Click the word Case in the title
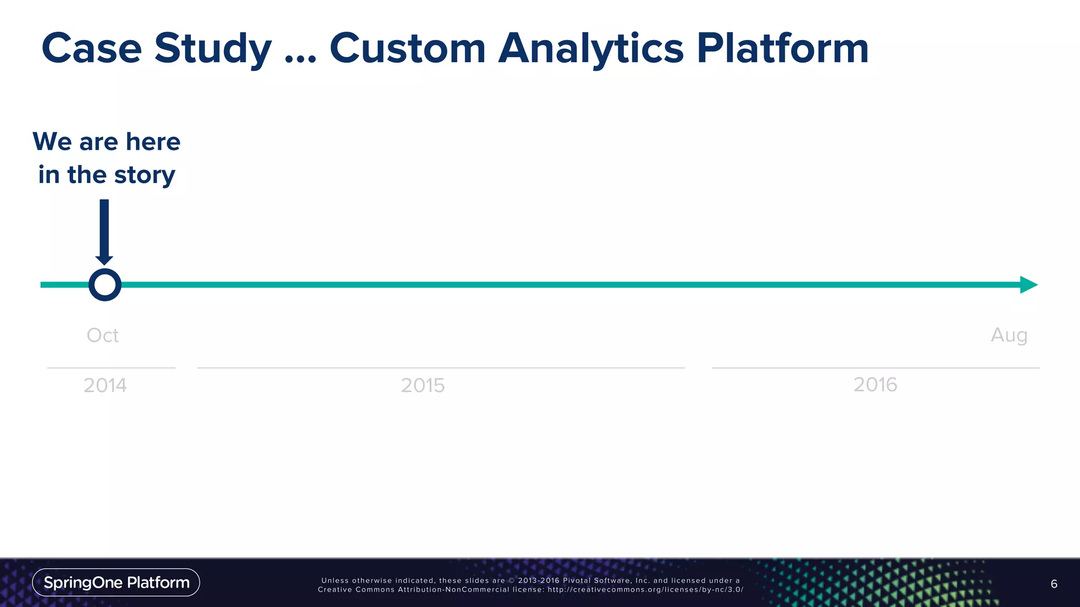tap(92, 48)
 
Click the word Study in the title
tap(213, 48)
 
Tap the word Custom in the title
tap(407, 48)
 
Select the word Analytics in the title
tap(591, 48)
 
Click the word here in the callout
tap(153, 142)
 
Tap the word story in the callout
tap(144, 175)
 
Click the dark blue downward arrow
tap(104, 232)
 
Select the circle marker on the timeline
tap(105, 285)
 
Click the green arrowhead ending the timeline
tap(1028, 285)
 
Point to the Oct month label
tap(102, 335)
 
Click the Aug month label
tap(1009, 335)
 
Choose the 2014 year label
tap(105, 386)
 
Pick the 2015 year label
tap(422, 386)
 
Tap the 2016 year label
tap(875, 385)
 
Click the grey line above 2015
tap(440, 368)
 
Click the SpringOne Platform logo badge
tap(116, 582)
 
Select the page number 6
tap(1054, 584)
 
